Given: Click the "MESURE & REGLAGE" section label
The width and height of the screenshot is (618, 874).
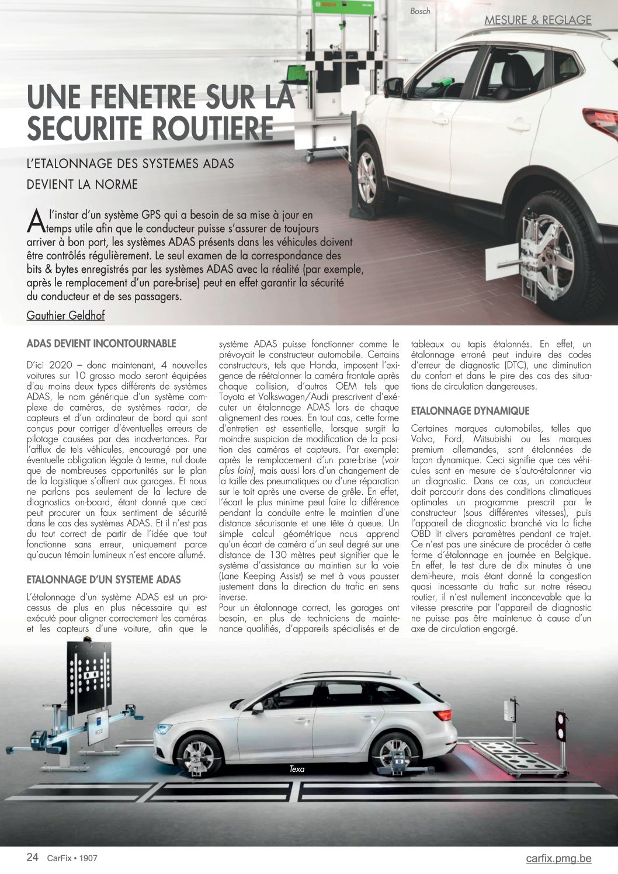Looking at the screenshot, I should [x=537, y=20].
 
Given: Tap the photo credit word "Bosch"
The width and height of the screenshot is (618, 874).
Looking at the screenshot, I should [x=420, y=11].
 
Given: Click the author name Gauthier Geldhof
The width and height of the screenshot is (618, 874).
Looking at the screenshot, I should [x=65, y=315].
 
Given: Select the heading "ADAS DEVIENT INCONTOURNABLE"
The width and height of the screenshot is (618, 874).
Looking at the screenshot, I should [x=101, y=343].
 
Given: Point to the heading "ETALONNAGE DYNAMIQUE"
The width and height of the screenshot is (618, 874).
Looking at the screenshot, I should [x=470, y=411].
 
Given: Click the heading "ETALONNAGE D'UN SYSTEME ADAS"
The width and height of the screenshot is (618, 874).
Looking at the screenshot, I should [x=104, y=580].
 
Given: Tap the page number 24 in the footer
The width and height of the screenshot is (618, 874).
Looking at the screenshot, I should [x=33, y=858].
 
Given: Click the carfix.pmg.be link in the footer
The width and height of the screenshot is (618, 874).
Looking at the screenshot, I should [x=558, y=858].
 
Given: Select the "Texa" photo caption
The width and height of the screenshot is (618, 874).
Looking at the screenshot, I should [x=297, y=769].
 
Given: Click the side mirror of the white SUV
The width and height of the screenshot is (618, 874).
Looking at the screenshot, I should [x=393, y=88].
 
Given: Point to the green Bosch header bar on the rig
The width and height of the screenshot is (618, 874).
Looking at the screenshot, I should [x=342, y=7].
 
